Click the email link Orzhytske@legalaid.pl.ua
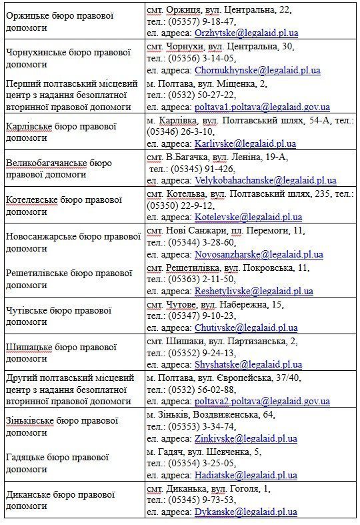coord(246,33)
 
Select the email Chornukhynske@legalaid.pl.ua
coord(257,70)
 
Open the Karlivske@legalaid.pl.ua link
coord(245,143)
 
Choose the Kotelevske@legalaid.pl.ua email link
coord(248,217)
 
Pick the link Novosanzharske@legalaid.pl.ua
coord(259,254)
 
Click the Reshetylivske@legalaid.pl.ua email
coord(253,291)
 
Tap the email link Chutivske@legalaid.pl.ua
coord(246,328)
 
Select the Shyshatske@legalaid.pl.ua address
coord(248,364)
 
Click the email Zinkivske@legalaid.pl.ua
coord(245,438)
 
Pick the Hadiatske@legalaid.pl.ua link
coord(245,475)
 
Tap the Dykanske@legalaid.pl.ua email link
coord(245,512)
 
